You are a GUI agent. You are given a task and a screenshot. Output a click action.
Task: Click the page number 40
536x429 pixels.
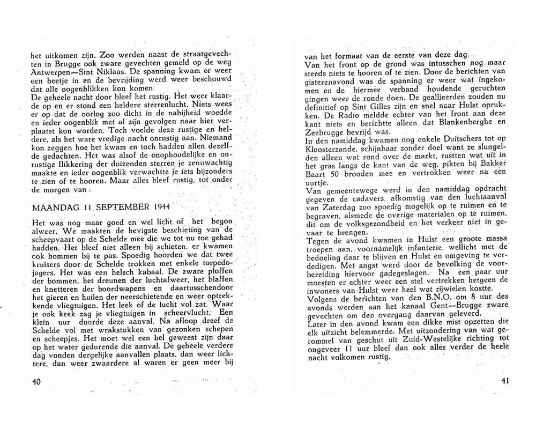coord(36,381)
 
